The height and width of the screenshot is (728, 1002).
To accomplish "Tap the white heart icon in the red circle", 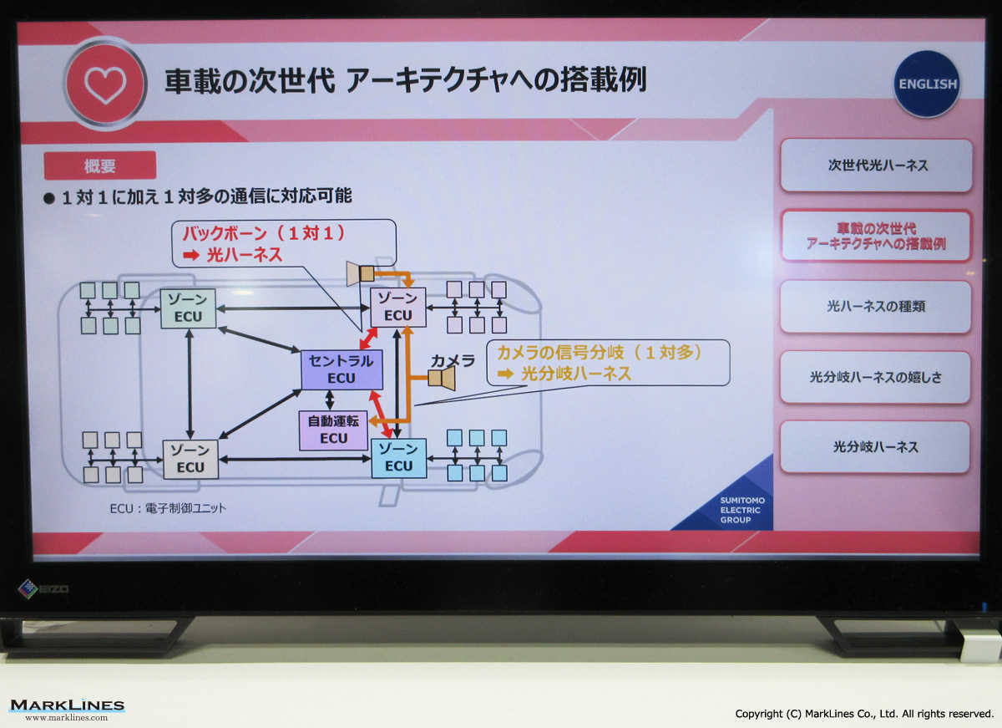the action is [x=105, y=85].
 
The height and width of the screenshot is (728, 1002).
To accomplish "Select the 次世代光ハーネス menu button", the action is [x=876, y=165].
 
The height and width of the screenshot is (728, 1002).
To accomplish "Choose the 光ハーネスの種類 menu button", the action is [x=876, y=307].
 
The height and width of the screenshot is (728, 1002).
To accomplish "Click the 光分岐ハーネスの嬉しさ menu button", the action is [x=875, y=378].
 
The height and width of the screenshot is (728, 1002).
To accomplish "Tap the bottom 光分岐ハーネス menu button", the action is [x=875, y=447].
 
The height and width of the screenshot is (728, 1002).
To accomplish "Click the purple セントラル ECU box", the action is [x=342, y=369].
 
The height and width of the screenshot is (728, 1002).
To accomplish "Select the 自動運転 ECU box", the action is [x=334, y=430].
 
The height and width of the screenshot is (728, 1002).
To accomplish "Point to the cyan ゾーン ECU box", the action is [x=398, y=458].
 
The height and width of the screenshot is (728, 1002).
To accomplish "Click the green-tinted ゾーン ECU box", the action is [x=189, y=308].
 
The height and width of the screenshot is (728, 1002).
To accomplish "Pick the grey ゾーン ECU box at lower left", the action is [x=190, y=460].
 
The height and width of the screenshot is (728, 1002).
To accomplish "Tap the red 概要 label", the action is [x=100, y=165].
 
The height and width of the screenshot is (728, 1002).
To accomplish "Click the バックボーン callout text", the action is [x=264, y=244].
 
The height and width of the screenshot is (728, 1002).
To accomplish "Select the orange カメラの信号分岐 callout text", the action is [x=600, y=363].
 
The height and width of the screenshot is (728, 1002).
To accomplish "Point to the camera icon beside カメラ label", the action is [x=442, y=379].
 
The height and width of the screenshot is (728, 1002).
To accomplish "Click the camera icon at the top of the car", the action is [x=361, y=273].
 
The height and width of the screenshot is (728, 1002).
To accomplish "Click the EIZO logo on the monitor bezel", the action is [x=43, y=588].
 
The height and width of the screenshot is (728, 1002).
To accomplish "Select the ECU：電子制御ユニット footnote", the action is [x=168, y=509].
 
